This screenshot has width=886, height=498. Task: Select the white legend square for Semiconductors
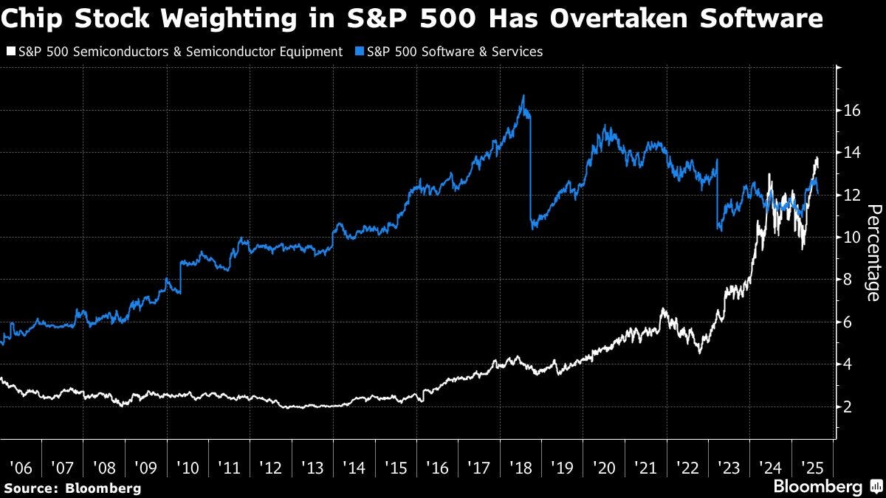(x=9, y=52)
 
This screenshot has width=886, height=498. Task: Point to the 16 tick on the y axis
(x=851, y=111)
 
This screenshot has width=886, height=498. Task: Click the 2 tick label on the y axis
(x=851, y=407)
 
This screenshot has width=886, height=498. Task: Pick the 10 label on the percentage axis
(x=851, y=238)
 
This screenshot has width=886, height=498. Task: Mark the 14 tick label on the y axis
(x=851, y=153)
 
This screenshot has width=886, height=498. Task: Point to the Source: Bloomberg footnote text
(x=72, y=488)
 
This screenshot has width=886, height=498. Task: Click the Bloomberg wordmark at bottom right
(x=817, y=487)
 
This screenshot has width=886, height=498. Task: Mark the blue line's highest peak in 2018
(x=523, y=96)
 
